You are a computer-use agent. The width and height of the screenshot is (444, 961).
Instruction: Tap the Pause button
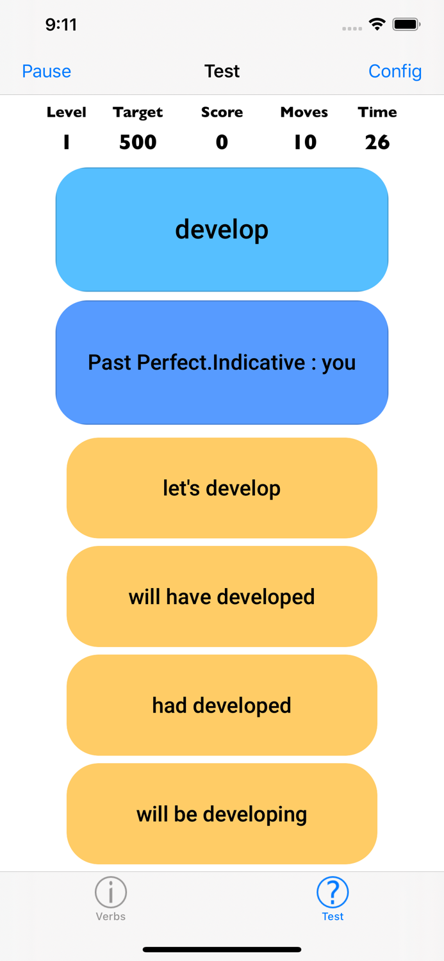(46, 71)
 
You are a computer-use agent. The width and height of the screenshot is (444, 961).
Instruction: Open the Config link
(395, 71)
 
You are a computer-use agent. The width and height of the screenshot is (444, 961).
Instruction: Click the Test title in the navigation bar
(222, 71)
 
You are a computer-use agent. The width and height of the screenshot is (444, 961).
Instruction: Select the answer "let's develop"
(222, 488)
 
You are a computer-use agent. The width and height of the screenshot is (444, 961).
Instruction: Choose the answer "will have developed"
(222, 596)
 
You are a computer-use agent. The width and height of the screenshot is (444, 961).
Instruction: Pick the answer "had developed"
(222, 705)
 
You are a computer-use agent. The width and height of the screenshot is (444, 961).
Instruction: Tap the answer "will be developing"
(222, 814)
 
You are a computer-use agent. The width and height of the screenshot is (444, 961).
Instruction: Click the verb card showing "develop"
(222, 229)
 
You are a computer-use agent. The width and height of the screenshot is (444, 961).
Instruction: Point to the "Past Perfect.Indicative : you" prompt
(222, 363)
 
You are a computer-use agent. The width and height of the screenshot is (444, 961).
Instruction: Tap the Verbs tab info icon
(111, 892)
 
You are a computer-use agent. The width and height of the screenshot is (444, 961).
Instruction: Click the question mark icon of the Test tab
(333, 892)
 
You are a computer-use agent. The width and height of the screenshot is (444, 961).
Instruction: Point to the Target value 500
(138, 142)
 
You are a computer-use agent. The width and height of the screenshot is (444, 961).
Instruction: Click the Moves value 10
(305, 142)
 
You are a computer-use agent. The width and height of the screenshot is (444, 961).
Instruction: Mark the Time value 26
(377, 142)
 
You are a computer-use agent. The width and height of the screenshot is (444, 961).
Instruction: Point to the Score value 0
(222, 142)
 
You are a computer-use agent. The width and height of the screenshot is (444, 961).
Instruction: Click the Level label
(66, 112)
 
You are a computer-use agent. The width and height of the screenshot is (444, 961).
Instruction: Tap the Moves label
(304, 112)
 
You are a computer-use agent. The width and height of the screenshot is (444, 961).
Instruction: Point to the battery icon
(406, 25)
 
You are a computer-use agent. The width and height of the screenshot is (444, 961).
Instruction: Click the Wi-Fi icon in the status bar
(377, 25)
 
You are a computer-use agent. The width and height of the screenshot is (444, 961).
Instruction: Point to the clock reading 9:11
(61, 25)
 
